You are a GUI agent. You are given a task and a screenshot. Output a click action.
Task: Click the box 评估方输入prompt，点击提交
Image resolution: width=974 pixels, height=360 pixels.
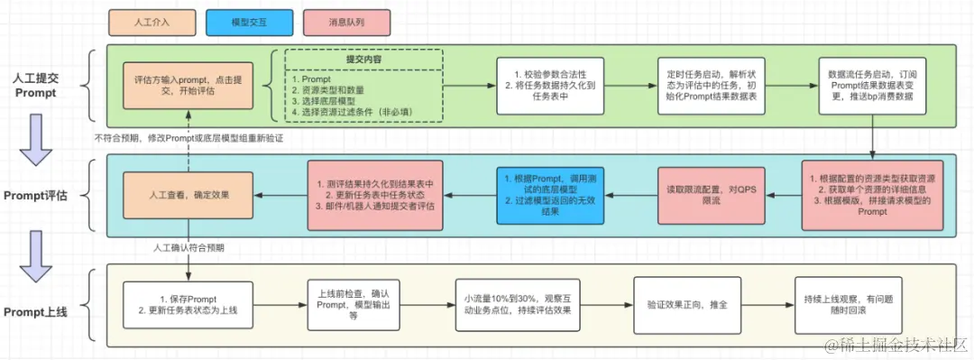187,86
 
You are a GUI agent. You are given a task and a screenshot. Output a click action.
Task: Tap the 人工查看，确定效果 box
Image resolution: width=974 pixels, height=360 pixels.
187,194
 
